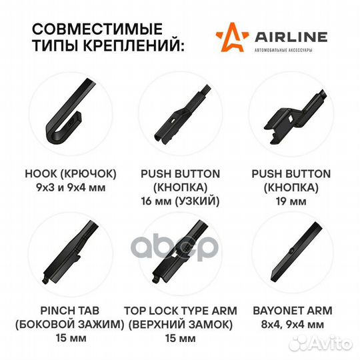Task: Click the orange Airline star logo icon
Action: (x=226, y=39)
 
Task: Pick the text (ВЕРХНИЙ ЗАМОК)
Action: (x=179, y=325)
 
